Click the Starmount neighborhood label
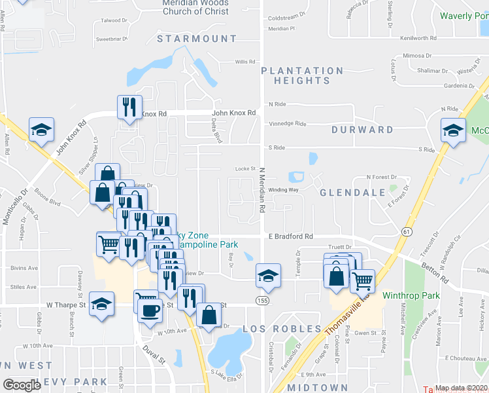pyautogui.click(x=197, y=39)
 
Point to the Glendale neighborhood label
pyautogui.click(x=352, y=193)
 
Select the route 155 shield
pyautogui.click(x=263, y=299)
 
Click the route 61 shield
pyautogui.click(x=407, y=231)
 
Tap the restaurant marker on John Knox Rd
pyautogui.click(x=129, y=106)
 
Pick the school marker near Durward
pyautogui.click(x=453, y=130)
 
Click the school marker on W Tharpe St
pyautogui.click(x=101, y=304)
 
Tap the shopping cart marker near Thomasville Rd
pyautogui.click(x=362, y=280)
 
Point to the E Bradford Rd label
pyautogui.click(x=291, y=236)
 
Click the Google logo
pyautogui.click(x=22, y=385)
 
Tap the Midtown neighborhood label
pyautogui.click(x=317, y=388)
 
